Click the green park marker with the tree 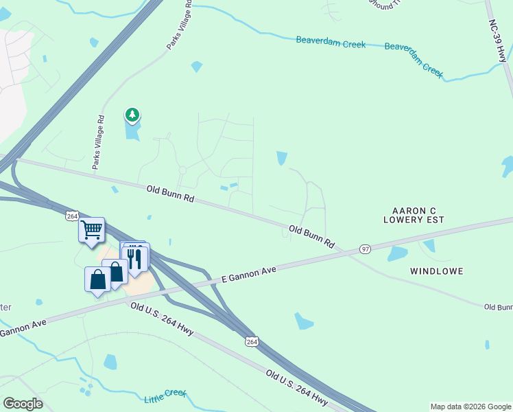coord(132,115)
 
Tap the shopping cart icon coord(91,230)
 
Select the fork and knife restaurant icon coord(135,259)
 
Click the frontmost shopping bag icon coord(97,279)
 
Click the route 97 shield coord(365,249)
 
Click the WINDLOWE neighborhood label coord(437,271)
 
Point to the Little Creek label coord(165,396)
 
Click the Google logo coord(23,403)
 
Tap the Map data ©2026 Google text coord(470,407)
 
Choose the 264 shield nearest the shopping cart coord(73,216)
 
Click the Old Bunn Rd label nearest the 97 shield coord(311,237)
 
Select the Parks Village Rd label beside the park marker coord(98,142)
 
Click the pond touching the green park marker coord(132,129)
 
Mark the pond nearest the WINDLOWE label coord(398,253)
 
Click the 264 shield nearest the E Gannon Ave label coord(252,341)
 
